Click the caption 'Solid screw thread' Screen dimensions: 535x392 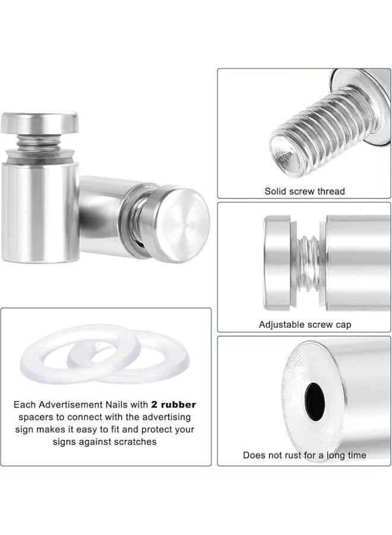click(304, 191)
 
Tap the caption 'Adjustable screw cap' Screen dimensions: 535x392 click(305, 325)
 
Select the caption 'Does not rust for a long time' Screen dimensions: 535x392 click(304, 455)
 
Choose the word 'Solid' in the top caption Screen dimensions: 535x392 click(275, 191)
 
